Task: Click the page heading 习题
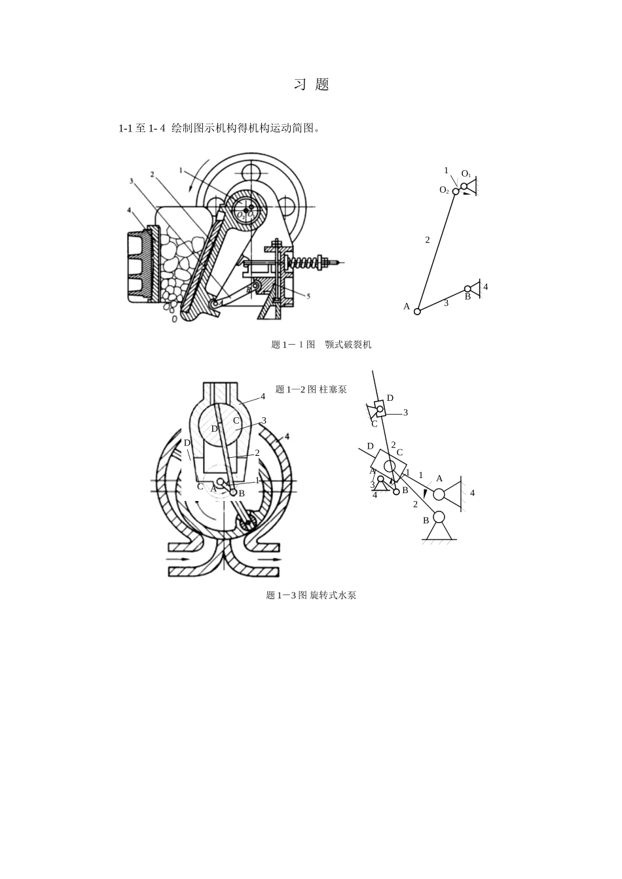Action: [x=311, y=84]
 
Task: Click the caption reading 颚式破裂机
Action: [x=348, y=345]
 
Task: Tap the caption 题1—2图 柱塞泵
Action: [x=311, y=389]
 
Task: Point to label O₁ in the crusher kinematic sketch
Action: [x=466, y=173]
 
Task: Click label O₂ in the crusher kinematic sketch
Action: [x=444, y=190]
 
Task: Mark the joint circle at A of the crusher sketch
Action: [x=417, y=311]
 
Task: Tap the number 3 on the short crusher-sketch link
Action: [x=446, y=303]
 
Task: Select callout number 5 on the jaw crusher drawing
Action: [x=308, y=296]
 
